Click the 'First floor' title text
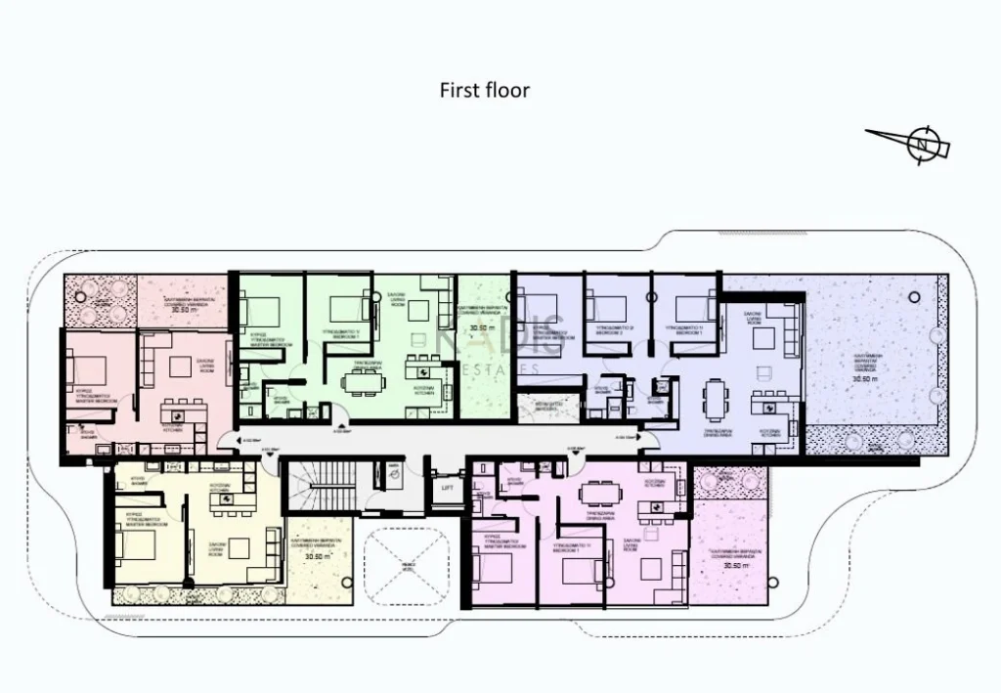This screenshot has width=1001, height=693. point(484,90)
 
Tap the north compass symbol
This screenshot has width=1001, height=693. point(921,143)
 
